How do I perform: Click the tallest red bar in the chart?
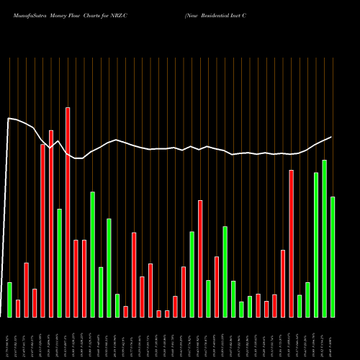(x=68, y=212)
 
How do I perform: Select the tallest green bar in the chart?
(x=324, y=238)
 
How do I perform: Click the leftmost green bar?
(x=9, y=300)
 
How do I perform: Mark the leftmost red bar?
(x=18, y=308)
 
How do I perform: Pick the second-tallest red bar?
(x=51, y=224)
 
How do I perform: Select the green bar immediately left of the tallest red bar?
(x=60, y=263)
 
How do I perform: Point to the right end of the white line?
(x=331, y=137)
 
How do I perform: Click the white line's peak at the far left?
(x=9, y=118)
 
